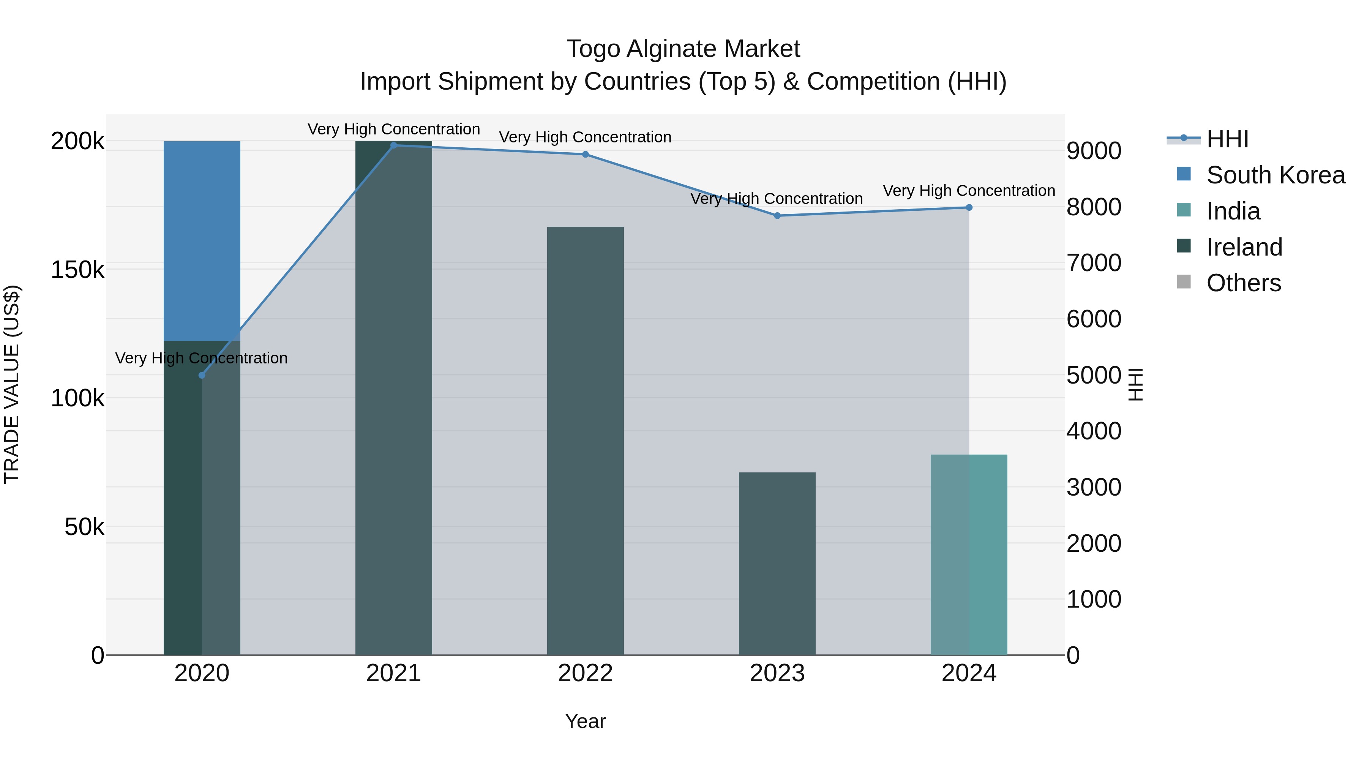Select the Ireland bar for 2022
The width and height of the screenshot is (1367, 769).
point(585,441)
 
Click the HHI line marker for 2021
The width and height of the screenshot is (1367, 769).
point(394,145)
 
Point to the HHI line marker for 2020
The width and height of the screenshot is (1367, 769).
point(202,375)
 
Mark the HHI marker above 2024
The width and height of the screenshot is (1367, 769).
point(969,207)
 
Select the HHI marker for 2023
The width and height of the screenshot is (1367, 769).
point(777,215)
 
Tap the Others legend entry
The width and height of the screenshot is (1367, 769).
point(1243,283)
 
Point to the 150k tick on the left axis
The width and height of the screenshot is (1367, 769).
point(77,270)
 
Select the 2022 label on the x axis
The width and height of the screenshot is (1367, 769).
point(585,673)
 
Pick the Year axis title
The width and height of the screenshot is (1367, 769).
point(585,721)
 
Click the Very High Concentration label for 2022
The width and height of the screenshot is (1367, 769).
point(585,137)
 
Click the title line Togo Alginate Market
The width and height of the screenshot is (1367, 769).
point(683,49)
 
